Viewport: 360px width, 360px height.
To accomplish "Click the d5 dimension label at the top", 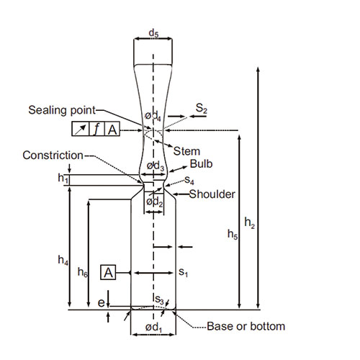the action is point(153,33).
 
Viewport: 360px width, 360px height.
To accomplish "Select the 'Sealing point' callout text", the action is point(62,110).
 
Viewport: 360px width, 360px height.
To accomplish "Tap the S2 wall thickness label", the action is point(201,108).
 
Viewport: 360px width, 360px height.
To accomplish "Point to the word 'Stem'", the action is point(186,151).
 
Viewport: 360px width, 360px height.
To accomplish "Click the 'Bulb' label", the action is point(201,164).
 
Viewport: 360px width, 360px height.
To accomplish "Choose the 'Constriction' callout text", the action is point(53,156).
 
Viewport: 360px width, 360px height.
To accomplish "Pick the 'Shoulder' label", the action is point(212,194).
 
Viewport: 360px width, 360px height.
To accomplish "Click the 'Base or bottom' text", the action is point(246,326).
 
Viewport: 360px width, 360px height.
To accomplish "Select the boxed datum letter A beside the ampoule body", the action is point(108,273).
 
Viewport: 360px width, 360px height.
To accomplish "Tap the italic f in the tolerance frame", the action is point(96,129).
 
